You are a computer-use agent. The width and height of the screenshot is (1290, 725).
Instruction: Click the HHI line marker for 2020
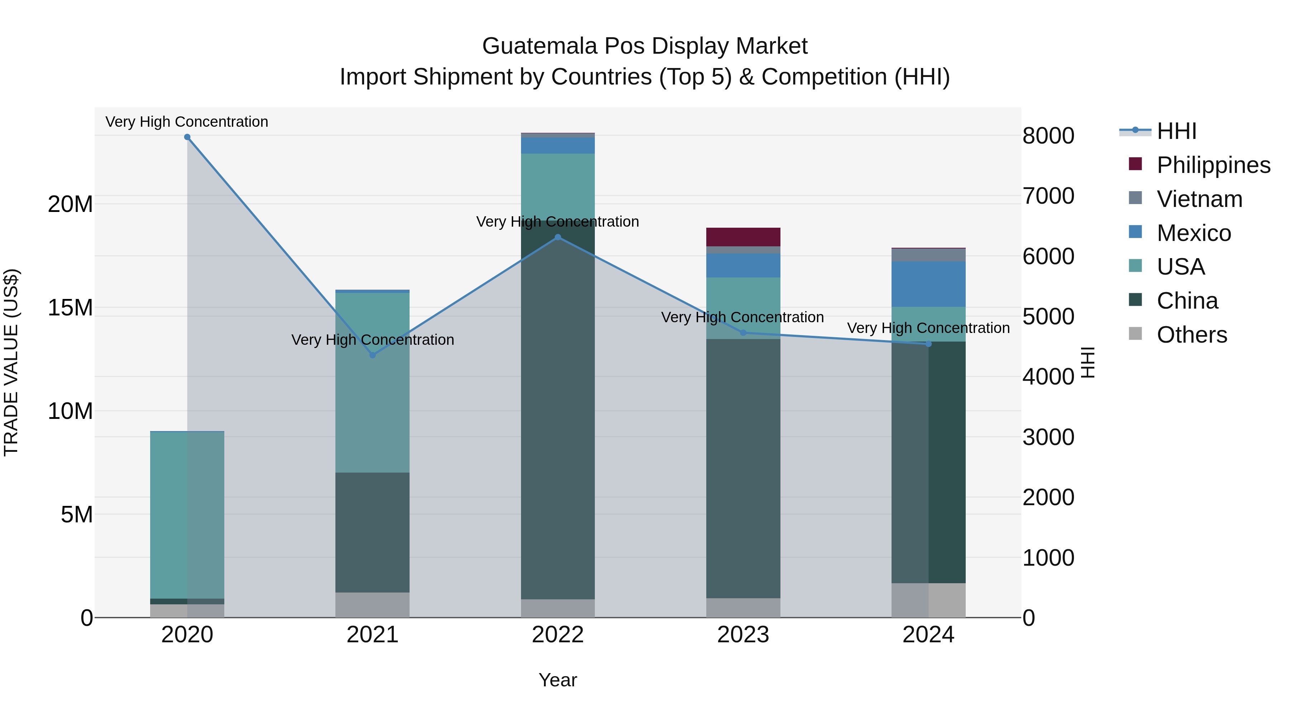point(187,137)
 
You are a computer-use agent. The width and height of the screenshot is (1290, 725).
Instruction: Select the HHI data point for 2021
point(373,355)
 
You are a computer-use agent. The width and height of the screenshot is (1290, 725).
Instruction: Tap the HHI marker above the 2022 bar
point(558,237)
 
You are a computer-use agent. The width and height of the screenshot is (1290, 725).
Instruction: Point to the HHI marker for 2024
point(928,344)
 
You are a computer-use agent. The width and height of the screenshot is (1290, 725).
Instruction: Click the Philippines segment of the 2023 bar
point(743,237)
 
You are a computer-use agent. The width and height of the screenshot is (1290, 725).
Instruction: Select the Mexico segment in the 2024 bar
point(928,284)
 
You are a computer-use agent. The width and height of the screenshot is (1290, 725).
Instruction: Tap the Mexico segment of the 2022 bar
point(558,145)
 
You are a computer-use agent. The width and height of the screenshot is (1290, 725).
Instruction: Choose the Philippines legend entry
point(1213,165)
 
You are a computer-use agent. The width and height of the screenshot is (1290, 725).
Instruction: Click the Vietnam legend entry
point(1199,199)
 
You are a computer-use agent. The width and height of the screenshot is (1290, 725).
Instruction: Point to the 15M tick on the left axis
point(70,308)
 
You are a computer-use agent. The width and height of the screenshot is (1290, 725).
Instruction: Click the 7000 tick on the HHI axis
point(1048,196)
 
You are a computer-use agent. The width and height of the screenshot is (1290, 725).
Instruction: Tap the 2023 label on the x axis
point(743,635)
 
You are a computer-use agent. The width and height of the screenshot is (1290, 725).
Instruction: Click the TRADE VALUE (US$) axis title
point(11,362)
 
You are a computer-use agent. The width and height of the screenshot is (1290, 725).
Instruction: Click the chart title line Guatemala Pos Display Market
point(645,46)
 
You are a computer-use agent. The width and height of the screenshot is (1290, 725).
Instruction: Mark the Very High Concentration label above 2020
point(187,122)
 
